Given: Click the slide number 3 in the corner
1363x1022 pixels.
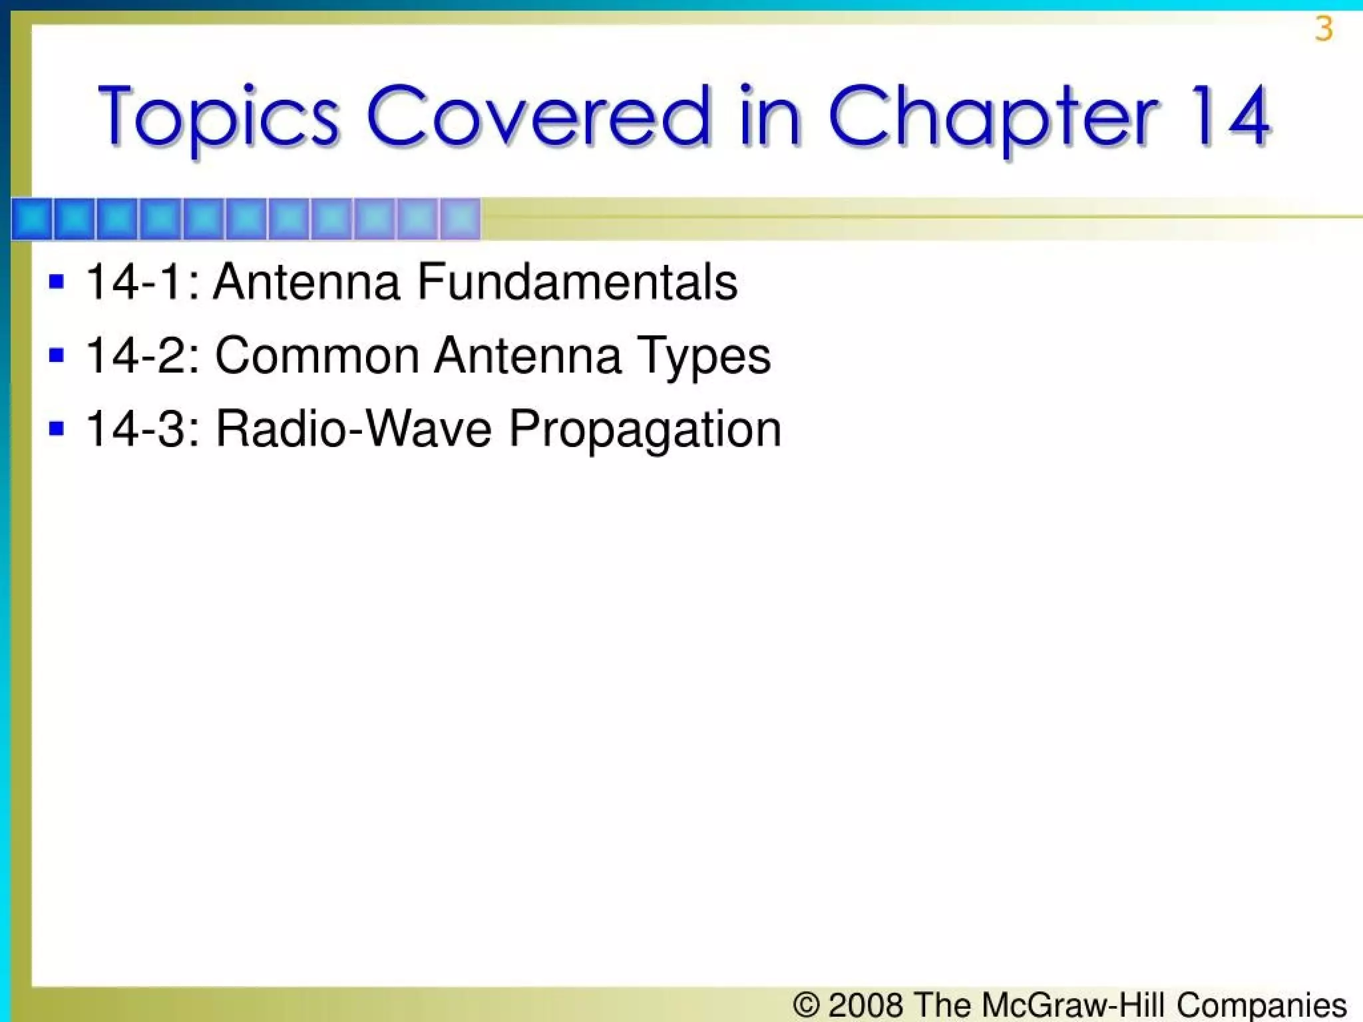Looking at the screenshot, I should pyautogui.click(x=1324, y=30).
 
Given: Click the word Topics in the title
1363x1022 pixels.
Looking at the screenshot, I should pyautogui.click(x=219, y=117).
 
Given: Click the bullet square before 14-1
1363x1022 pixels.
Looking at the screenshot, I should pyautogui.click(x=57, y=281).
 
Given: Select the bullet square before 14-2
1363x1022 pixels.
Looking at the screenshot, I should pyautogui.click(x=57, y=355).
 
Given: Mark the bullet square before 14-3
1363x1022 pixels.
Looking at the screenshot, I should pyautogui.click(x=57, y=428).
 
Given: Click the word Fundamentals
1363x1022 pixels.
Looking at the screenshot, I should pyautogui.click(x=577, y=281).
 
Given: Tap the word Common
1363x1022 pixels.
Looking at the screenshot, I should pyautogui.click(x=317, y=355).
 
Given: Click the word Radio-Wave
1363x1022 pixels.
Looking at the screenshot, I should pyautogui.click(x=353, y=428).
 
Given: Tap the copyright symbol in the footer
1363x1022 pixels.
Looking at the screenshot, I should pyautogui.click(x=806, y=1004).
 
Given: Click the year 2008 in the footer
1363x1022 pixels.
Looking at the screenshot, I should pyautogui.click(x=865, y=1004).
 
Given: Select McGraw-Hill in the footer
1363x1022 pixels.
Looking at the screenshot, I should pyautogui.click(x=1073, y=1004).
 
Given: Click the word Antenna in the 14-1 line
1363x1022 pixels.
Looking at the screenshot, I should pyautogui.click(x=307, y=281).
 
